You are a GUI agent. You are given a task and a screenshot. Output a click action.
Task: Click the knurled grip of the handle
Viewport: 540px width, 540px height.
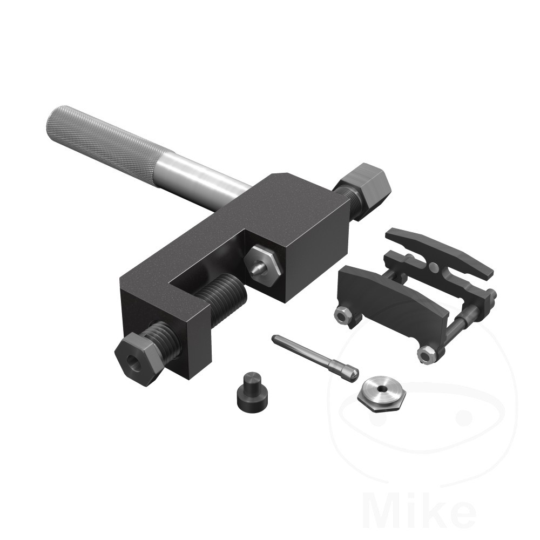point(103,138)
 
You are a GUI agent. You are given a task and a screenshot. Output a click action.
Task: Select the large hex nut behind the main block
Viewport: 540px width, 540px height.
point(366,184)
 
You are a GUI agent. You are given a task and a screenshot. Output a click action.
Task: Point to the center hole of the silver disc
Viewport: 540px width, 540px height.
point(382,389)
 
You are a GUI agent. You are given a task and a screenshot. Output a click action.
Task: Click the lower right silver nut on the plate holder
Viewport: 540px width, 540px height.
point(427,354)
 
